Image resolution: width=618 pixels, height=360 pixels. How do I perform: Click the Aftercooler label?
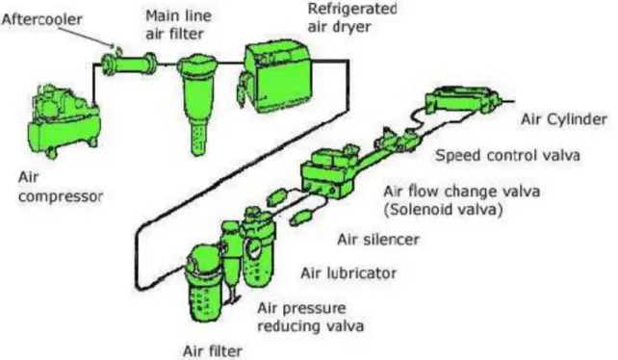[x=42, y=19]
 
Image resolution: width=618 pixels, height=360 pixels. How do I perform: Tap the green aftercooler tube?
[x=129, y=64]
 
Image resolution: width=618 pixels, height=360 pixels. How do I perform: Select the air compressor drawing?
[x=64, y=121]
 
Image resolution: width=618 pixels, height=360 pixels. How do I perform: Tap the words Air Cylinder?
[x=563, y=119]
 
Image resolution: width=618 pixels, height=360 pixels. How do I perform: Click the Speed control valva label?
[x=507, y=155]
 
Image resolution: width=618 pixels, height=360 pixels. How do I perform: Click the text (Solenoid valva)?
[x=444, y=209]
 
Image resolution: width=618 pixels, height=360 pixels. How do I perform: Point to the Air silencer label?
[x=378, y=240]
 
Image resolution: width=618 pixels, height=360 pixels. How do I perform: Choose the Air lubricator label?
[x=348, y=272]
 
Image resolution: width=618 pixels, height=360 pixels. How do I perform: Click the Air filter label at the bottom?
[x=213, y=351]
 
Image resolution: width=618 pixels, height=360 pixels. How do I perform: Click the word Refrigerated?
[x=352, y=9]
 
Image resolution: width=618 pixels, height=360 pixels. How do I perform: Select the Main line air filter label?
[x=178, y=24]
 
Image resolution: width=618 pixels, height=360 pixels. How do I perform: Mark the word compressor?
[x=61, y=196]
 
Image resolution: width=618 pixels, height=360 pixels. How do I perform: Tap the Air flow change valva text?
[x=461, y=192]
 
